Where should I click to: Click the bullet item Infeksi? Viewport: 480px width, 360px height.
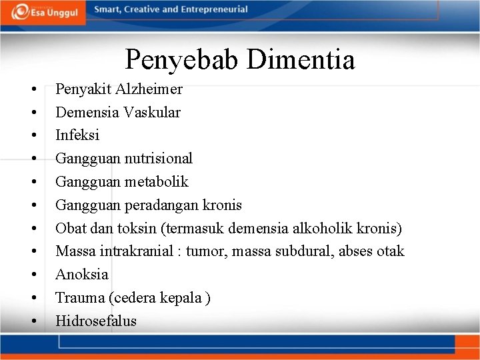(x=77, y=135)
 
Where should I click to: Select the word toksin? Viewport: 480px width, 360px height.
(x=137, y=228)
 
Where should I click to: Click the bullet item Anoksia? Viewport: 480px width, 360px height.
(x=81, y=274)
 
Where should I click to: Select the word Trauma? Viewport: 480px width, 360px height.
(x=79, y=297)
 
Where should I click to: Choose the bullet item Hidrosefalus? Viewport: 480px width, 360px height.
(x=96, y=321)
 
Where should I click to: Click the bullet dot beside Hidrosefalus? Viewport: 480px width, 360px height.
(x=32, y=321)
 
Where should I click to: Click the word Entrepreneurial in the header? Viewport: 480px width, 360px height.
(x=213, y=9)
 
